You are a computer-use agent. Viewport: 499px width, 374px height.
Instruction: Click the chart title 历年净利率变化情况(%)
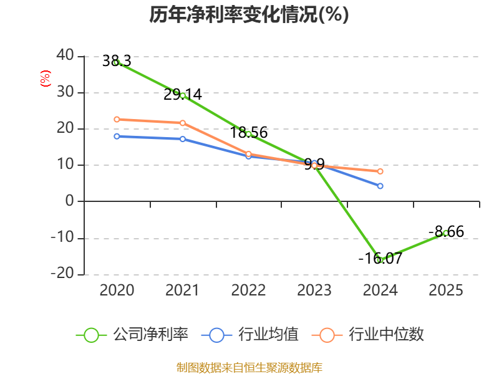(x=249, y=14)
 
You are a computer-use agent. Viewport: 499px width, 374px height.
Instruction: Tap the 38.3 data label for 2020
(x=117, y=60)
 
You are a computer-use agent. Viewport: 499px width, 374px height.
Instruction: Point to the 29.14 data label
(x=183, y=95)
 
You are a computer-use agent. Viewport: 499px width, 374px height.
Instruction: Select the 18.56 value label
(x=248, y=132)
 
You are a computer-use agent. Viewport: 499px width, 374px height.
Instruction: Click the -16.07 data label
(x=380, y=258)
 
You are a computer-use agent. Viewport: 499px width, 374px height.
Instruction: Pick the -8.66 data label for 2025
(x=446, y=231)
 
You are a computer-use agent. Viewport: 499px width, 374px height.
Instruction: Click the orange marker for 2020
(x=117, y=119)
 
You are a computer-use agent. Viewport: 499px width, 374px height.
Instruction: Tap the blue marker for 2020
(x=117, y=136)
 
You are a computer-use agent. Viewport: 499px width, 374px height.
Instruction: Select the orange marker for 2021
(x=183, y=123)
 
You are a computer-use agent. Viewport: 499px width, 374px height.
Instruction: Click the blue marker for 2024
(x=380, y=186)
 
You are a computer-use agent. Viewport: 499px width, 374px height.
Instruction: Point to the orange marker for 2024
(x=380, y=171)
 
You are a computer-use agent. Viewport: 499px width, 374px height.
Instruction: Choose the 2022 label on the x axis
(x=248, y=290)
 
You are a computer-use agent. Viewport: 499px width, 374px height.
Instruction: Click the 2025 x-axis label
(x=446, y=290)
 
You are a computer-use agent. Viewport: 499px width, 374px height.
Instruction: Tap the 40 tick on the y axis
(x=65, y=55)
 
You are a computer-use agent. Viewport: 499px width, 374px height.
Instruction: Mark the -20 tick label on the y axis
(x=62, y=273)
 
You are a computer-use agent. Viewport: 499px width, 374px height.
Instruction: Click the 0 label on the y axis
(x=70, y=201)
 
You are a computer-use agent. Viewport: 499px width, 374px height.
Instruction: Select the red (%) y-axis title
(x=45, y=79)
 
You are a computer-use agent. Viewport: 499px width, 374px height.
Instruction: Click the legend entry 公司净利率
(x=132, y=335)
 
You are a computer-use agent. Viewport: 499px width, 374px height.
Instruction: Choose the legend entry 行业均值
(x=250, y=335)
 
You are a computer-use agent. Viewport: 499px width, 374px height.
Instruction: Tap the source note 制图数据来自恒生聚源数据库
(x=249, y=368)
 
